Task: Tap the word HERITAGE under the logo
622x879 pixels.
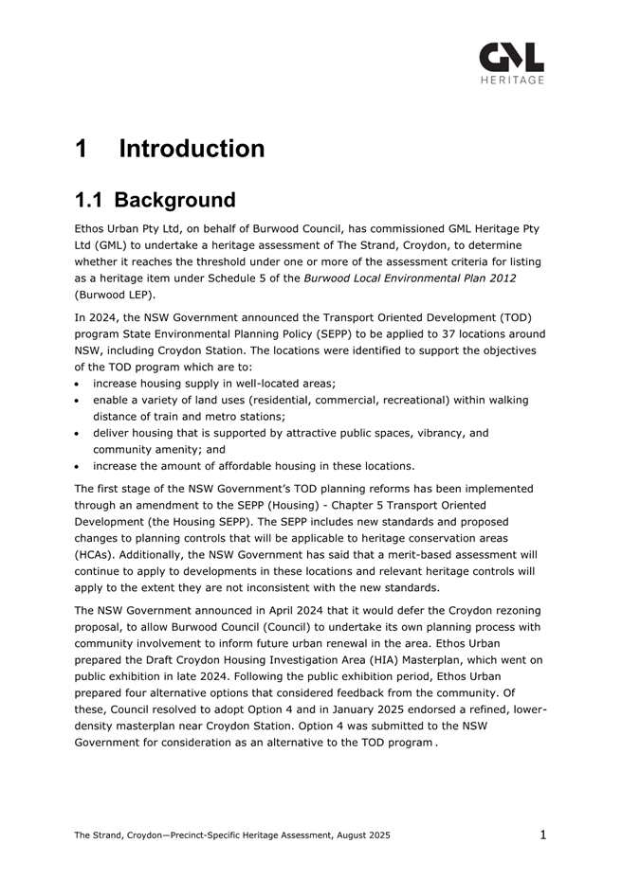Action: [x=512, y=81]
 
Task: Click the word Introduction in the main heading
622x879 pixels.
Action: [x=192, y=149]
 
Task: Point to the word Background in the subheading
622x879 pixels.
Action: [x=175, y=201]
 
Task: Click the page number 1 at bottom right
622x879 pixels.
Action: [x=543, y=834]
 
